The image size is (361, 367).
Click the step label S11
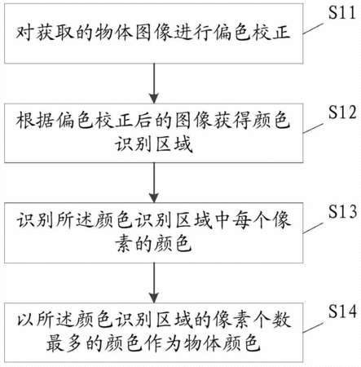point(342,12)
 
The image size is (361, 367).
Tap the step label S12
point(342,112)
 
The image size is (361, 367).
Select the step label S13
point(342,211)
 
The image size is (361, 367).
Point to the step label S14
point(342,311)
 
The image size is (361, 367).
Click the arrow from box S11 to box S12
point(154,83)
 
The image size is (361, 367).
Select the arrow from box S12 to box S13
point(154,183)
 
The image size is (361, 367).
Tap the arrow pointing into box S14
point(154,283)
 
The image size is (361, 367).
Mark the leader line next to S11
point(313,29)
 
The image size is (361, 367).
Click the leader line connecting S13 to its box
point(313,228)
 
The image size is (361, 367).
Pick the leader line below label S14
point(313,328)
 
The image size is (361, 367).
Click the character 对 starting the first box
point(25,33)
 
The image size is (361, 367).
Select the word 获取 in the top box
point(55,33)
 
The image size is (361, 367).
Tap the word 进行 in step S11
point(194,33)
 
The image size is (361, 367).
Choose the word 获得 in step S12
point(233,120)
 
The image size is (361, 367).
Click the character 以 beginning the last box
point(25,320)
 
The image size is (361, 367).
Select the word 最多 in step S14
point(64,343)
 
